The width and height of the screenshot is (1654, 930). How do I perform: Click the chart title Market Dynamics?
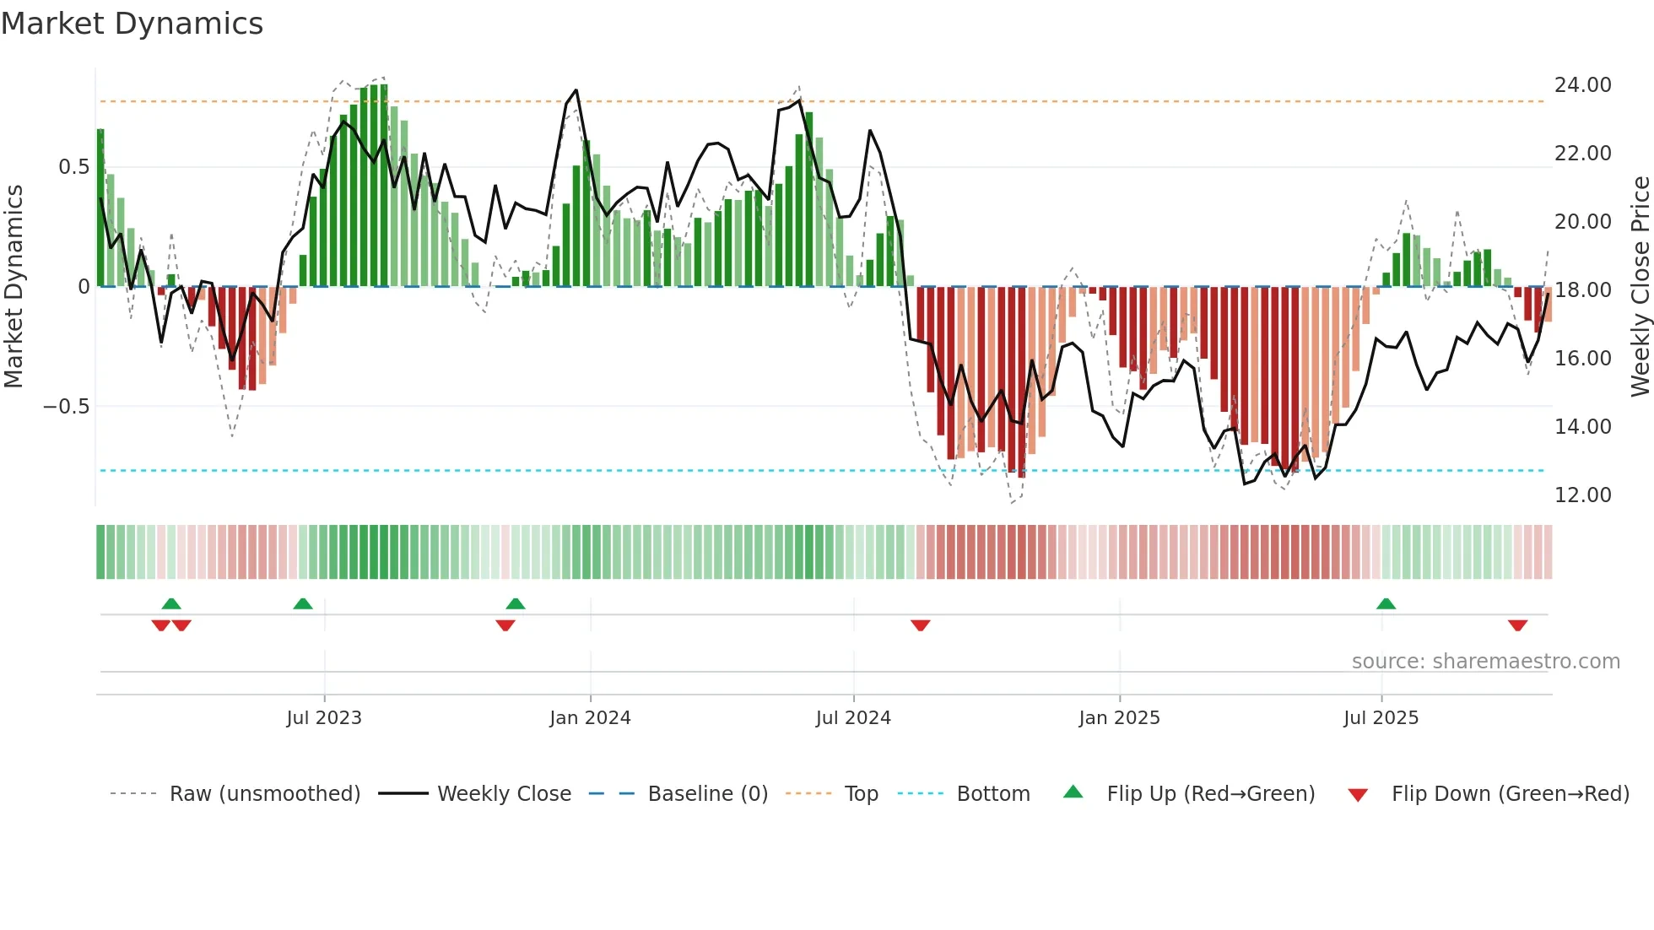(x=132, y=24)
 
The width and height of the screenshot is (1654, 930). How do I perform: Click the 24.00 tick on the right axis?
(x=1582, y=85)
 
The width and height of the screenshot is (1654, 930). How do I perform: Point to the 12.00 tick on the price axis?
(x=1582, y=495)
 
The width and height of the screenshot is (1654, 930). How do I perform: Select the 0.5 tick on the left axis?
(x=73, y=167)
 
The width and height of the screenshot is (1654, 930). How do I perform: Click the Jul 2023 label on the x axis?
(x=324, y=718)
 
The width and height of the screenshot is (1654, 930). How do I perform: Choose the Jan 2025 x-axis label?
(x=1119, y=718)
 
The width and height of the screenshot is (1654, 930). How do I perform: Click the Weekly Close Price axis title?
(x=1640, y=287)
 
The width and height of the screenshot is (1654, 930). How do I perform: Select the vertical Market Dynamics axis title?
(x=14, y=287)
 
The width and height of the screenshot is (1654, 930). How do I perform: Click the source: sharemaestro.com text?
(x=1485, y=662)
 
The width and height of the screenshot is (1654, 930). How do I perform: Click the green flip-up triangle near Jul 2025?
(x=1386, y=603)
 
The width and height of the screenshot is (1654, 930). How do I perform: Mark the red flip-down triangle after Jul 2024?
(x=920, y=625)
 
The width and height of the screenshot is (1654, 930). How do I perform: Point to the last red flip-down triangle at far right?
(x=1517, y=625)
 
